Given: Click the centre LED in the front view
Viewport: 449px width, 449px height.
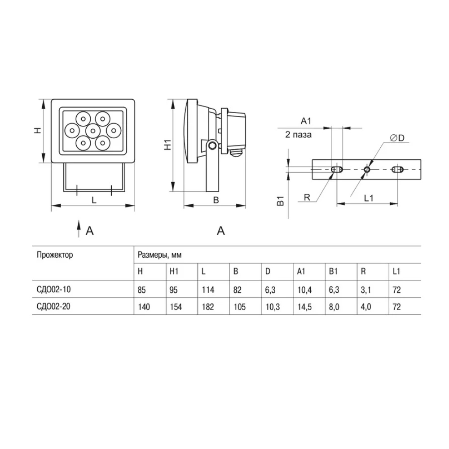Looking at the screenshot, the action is pos(93,131).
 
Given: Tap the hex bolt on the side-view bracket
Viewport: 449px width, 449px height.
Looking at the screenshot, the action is pos(212,145).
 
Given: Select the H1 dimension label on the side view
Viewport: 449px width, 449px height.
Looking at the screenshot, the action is pos(167,145).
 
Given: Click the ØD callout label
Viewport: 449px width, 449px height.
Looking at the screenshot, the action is pos(397,138).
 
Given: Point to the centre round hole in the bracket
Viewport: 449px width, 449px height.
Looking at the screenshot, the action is pos(367,170).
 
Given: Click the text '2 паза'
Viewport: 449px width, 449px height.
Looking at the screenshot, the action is pos(298,135).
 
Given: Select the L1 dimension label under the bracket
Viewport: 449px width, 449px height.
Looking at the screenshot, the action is pos(369,198).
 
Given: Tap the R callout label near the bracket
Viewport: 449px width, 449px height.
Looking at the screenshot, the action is pos(307,197).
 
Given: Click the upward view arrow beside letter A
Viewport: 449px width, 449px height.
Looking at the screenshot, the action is pos(79,229).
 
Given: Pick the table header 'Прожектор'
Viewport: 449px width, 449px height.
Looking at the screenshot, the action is pos(55,255).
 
